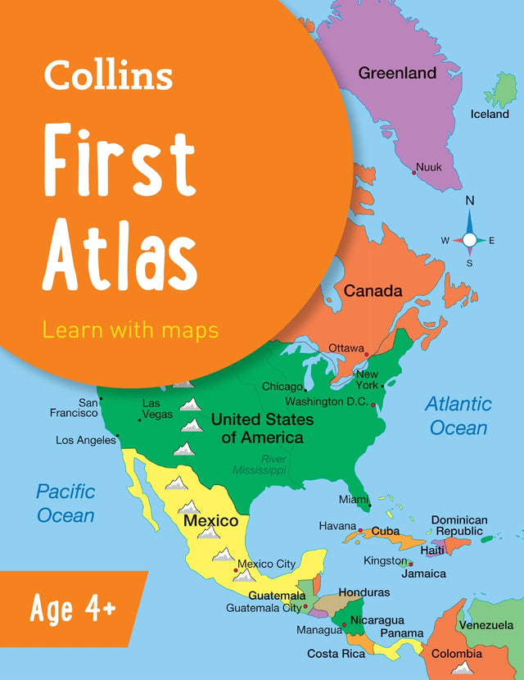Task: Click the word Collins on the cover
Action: tap(108, 75)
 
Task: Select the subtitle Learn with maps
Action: tap(130, 329)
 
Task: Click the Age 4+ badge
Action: tap(73, 609)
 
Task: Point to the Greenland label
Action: tap(397, 73)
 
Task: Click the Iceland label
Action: tap(490, 114)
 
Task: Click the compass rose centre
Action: tap(469, 239)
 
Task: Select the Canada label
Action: tap(373, 291)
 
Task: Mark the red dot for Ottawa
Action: tap(367, 354)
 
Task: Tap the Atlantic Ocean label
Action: tap(458, 415)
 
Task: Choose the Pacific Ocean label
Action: tap(65, 503)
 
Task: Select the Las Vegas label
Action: tap(157, 408)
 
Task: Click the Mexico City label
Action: tap(267, 564)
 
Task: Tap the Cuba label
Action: tap(386, 531)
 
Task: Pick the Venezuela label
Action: tap(486, 624)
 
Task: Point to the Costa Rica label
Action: tap(335, 653)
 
